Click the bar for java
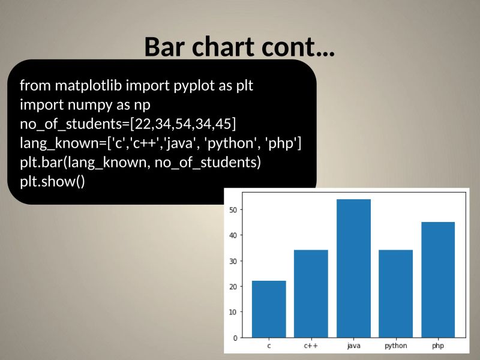click(x=353, y=268)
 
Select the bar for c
click(x=269, y=309)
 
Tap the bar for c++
click(x=311, y=293)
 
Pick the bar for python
click(x=395, y=293)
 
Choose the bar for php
click(x=437, y=280)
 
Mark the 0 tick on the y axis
click(x=236, y=338)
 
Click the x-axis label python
click(x=395, y=346)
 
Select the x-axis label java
click(x=353, y=346)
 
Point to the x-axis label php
click(x=437, y=346)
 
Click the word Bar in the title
click(x=166, y=47)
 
